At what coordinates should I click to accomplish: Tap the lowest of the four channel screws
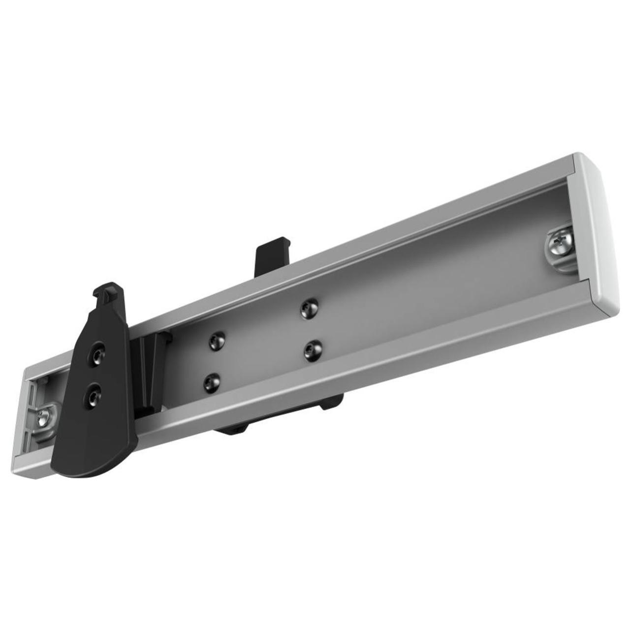point(212,382)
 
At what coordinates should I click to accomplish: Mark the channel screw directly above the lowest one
point(216,340)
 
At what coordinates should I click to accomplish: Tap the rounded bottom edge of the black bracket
point(94,470)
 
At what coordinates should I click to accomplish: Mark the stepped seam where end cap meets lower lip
point(593,305)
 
